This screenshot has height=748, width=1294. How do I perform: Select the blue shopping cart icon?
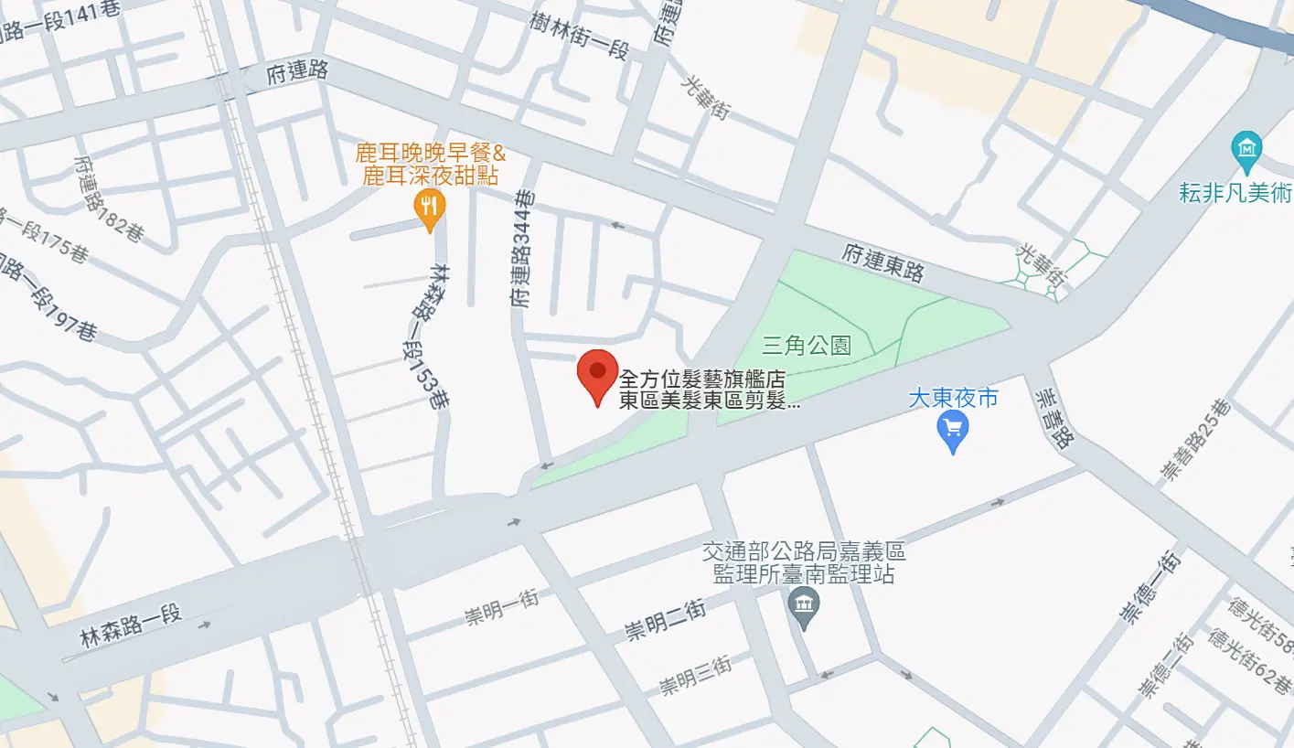953,428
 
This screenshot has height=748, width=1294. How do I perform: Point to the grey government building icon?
804,605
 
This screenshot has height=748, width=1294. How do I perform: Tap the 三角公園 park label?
807,346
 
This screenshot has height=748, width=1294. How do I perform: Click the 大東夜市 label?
953,399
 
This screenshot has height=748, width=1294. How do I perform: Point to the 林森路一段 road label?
132,626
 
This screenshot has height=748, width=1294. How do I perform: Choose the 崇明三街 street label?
696,674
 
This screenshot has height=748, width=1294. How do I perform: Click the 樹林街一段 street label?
580,36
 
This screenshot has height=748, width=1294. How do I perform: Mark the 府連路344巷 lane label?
523,248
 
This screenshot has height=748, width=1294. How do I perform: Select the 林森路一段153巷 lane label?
428,336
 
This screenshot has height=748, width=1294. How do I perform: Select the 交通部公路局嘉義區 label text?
804,552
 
